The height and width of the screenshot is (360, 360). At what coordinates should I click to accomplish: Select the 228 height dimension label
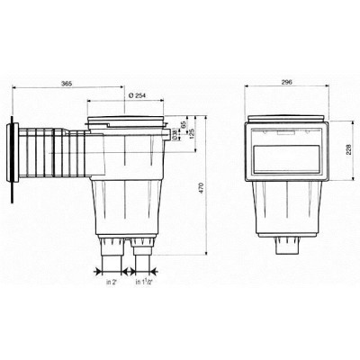point(347,155)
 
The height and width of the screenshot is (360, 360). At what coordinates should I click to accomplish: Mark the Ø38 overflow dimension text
point(174,135)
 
